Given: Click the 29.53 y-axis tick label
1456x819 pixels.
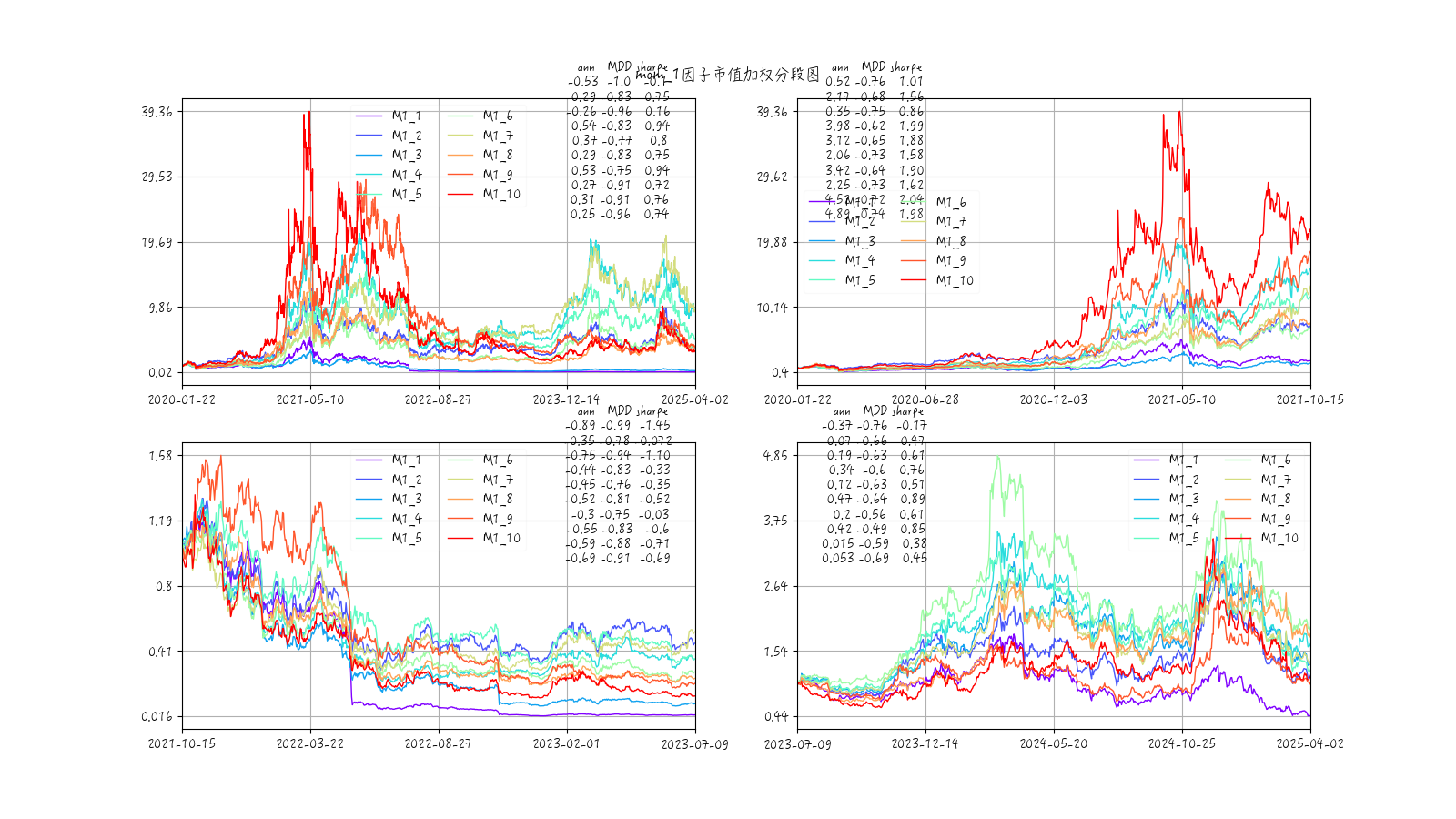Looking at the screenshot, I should click(157, 177).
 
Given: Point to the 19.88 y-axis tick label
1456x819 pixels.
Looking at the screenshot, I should click(772, 242).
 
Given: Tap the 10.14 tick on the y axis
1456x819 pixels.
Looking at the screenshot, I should click(772, 308).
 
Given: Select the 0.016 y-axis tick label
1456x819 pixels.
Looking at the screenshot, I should click(156, 717).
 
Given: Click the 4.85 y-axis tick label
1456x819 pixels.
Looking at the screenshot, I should click(775, 456).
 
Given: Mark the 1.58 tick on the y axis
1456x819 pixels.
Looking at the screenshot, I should click(160, 456).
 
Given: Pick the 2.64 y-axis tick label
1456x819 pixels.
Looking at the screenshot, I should click(775, 586).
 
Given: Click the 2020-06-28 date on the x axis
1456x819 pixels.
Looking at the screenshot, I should click(925, 399).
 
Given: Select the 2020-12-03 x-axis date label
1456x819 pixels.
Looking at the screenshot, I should click(1053, 399).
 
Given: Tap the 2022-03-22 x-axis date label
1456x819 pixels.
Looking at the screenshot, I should click(310, 743).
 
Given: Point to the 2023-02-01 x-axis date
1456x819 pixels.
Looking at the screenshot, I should click(566, 743).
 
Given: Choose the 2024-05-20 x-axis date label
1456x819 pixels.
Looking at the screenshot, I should click(1053, 743).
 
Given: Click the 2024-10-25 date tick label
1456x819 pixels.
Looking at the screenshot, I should click(1181, 743).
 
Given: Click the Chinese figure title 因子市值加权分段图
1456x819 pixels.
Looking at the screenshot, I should click(751, 74).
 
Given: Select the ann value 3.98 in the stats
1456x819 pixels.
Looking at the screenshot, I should click(838, 126).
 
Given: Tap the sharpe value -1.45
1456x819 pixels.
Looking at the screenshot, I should click(654, 425).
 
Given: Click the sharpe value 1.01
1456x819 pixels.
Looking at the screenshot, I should click(911, 81).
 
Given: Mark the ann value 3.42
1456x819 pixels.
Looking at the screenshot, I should click(838, 170).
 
